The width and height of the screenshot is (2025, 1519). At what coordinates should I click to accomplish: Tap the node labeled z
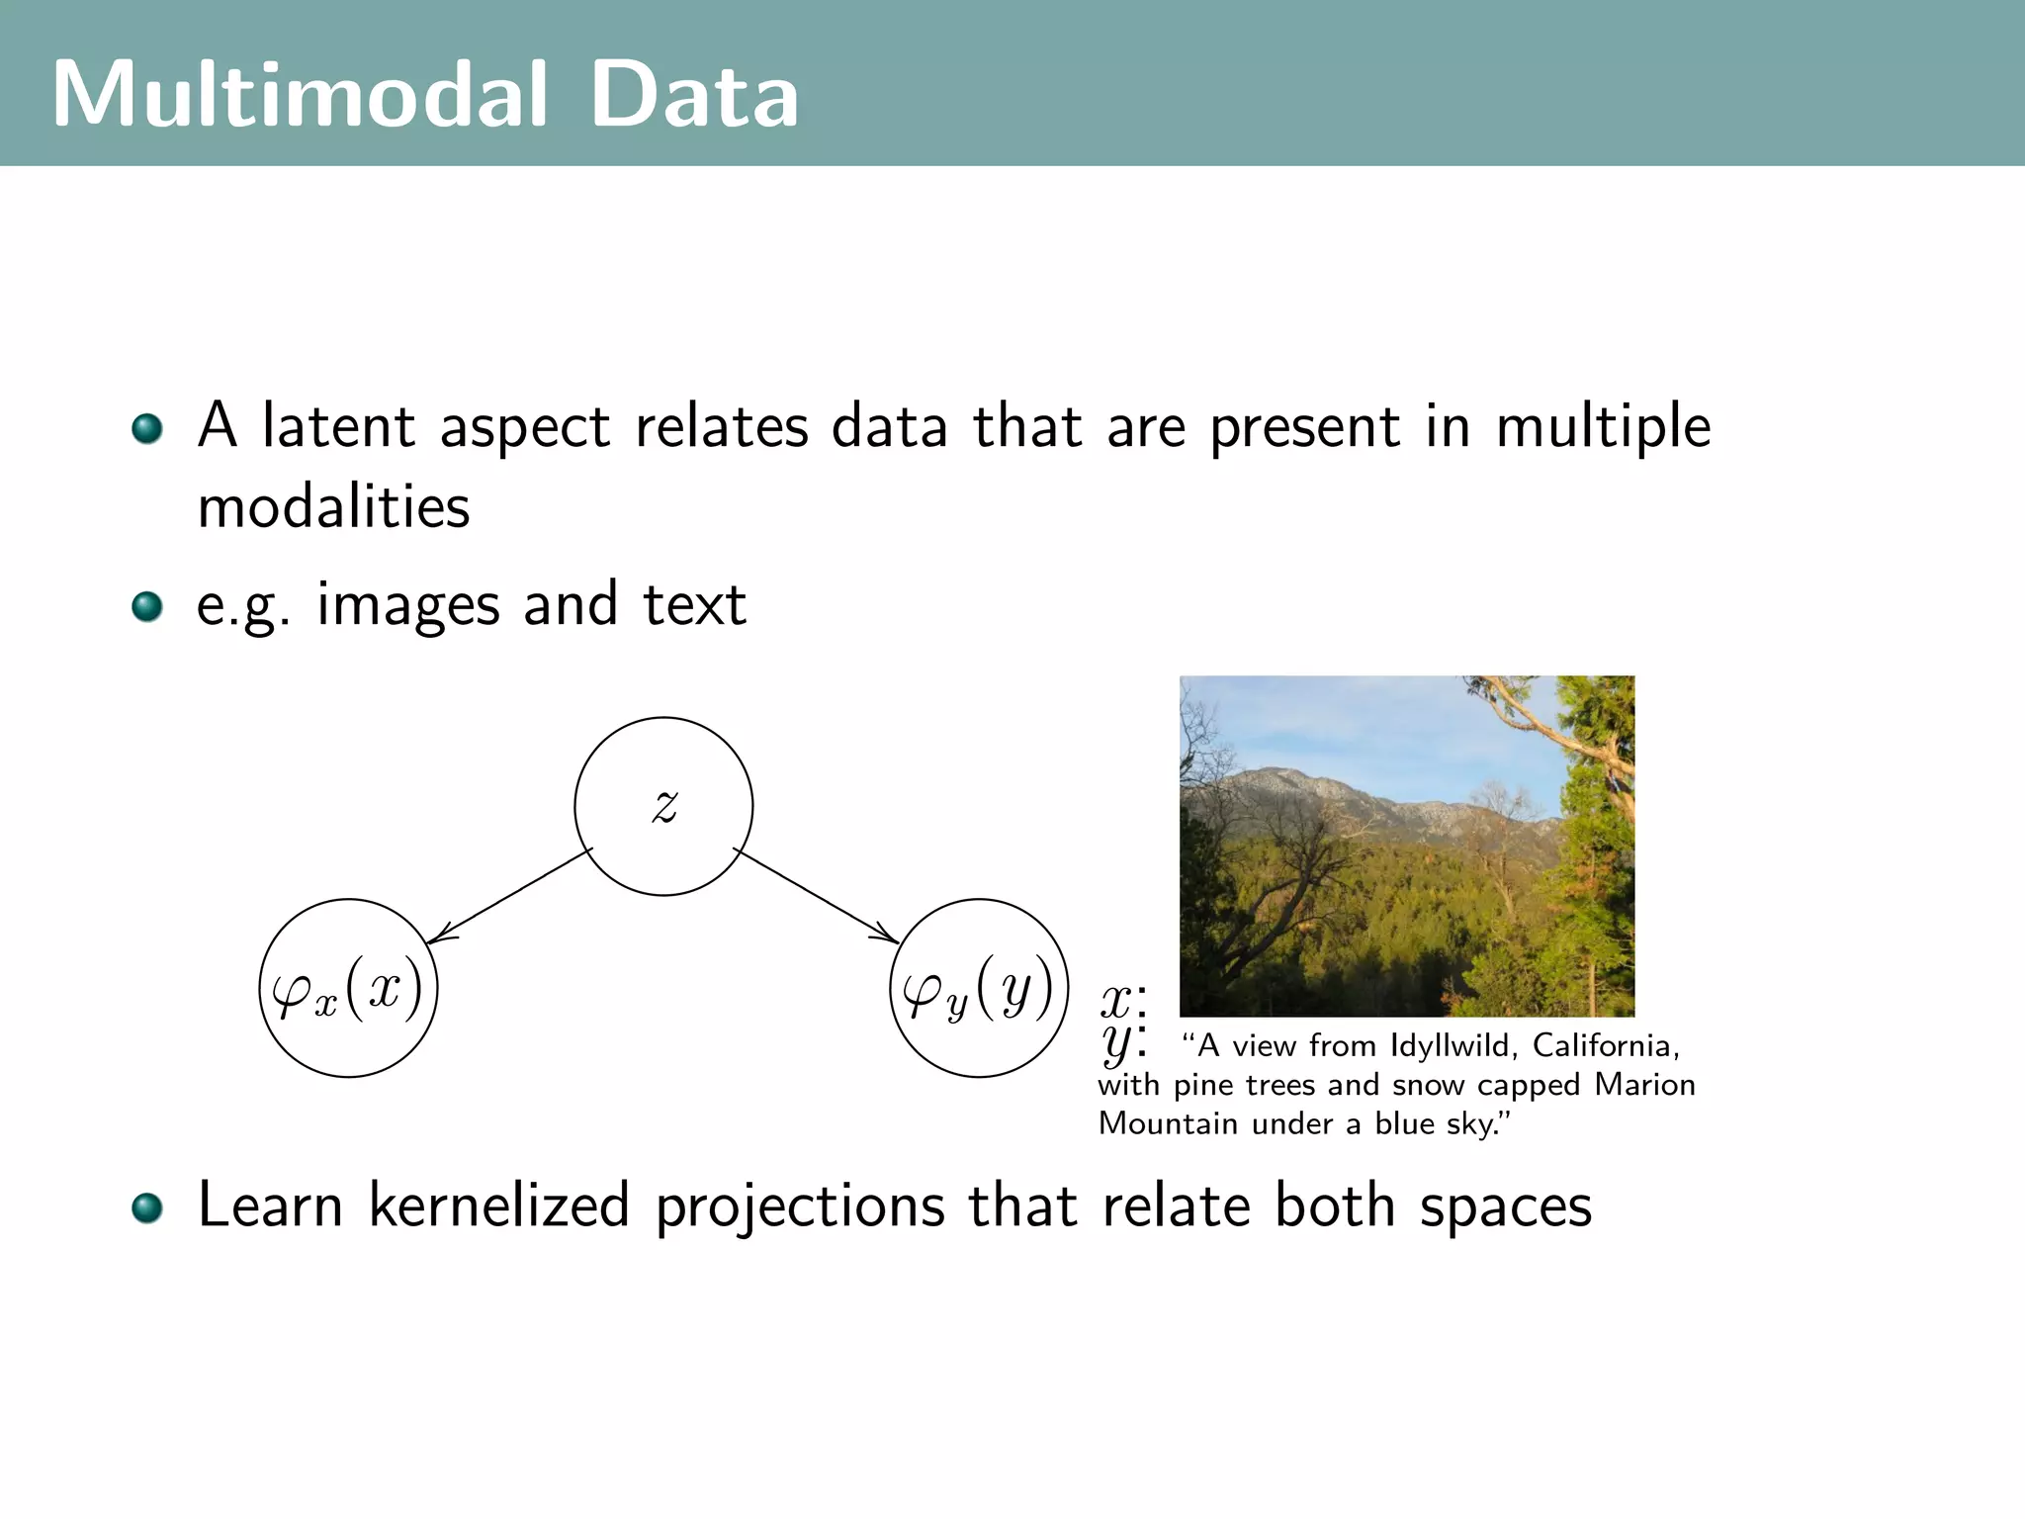click(x=663, y=806)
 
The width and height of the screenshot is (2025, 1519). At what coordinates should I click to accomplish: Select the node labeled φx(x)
click(x=348, y=988)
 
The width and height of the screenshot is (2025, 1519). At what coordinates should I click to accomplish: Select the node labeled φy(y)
click(x=979, y=988)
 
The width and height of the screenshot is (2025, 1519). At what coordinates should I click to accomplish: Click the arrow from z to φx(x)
click(x=509, y=896)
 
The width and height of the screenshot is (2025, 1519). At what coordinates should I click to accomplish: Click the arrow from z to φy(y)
click(x=816, y=895)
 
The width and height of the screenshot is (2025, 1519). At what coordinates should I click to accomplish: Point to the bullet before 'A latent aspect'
click(x=147, y=428)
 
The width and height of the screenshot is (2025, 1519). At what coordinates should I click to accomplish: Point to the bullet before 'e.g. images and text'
click(x=147, y=606)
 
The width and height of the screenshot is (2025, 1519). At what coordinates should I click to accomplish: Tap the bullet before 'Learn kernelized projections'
click(x=147, y=1207)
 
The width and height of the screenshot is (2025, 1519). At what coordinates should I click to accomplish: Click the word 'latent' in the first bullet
click(x=337, y=426)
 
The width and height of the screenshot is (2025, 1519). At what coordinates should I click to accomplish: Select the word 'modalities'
click(x=333, y=507)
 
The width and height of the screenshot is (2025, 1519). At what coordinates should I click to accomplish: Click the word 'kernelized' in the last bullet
click(x=498, y=1206)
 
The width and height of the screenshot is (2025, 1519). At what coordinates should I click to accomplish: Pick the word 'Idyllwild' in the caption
click(x=1450, y=1045)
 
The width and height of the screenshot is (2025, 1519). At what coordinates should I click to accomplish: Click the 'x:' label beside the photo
click(x=1123, y=1001)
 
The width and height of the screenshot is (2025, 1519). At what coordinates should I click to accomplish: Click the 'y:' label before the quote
click(x=1123, y=1042)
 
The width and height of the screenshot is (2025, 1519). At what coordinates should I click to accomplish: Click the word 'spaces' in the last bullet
click(x=1505, y=1207)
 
